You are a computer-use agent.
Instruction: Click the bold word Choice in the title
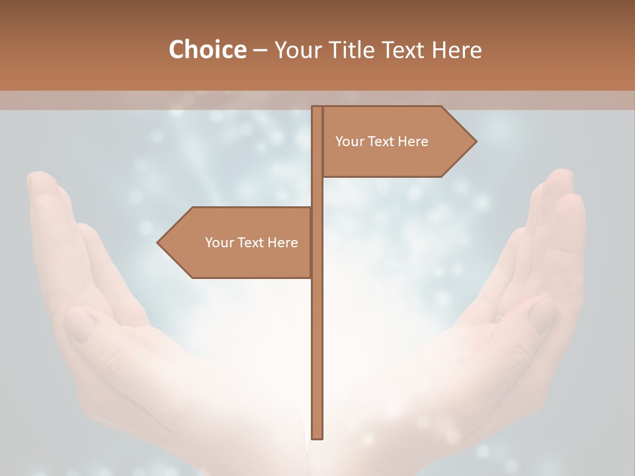click(207, 50)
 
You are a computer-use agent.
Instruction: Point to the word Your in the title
click(298, 50)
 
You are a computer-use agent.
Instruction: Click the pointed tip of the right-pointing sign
click(475, 141)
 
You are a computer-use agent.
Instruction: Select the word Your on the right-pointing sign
click(349, 141)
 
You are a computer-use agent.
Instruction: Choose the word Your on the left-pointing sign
click(218, 243)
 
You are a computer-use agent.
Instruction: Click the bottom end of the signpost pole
click(317, 437)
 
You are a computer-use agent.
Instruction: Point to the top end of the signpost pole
click(317, 108)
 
